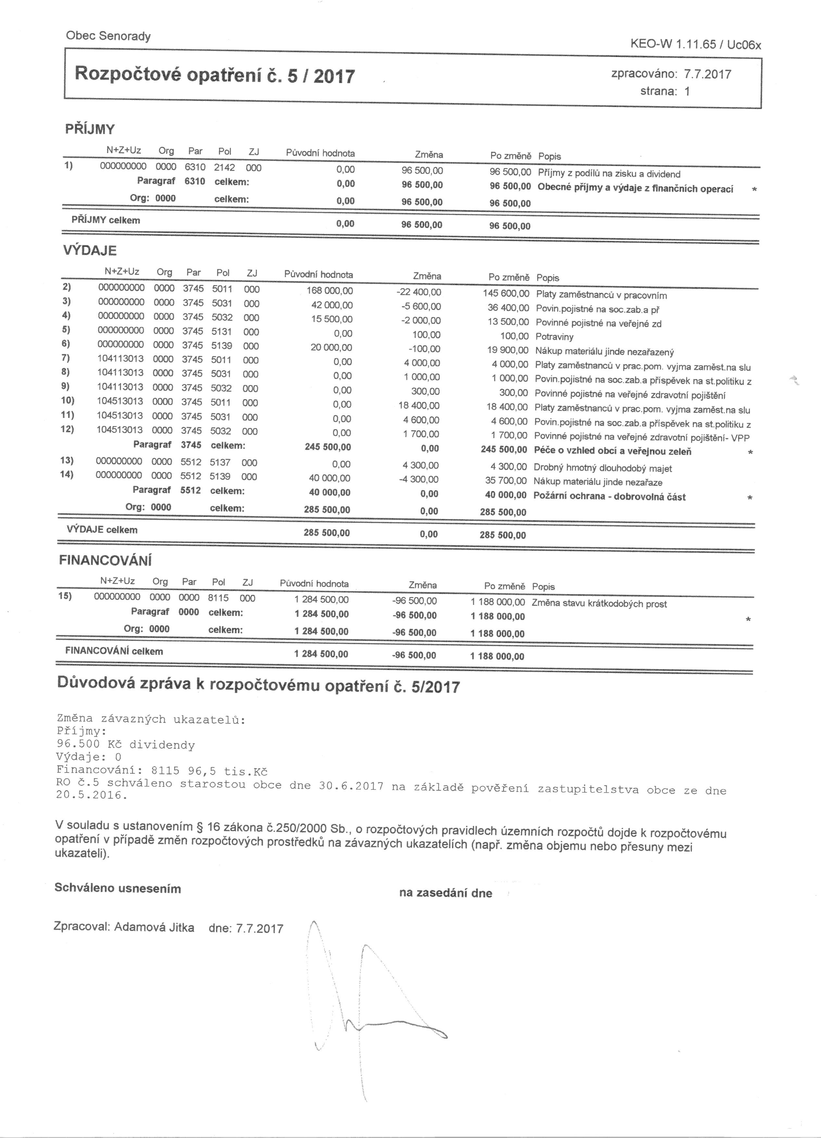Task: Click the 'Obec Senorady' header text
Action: click(108, 36)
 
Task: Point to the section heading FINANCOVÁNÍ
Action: click(106, 560)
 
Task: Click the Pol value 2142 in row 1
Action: click(224, 167)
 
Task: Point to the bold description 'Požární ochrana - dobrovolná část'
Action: click(609, 497)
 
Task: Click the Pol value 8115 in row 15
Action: click(218, 598)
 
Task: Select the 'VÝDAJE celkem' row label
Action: click(102, 530)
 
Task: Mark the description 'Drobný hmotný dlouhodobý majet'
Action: click(602, 468)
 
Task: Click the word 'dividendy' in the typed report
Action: click(162, 745)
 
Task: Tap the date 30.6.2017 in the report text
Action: click(351, 786)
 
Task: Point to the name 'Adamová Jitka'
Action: click(154, 927)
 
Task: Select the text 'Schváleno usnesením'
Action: click(118, 888)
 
